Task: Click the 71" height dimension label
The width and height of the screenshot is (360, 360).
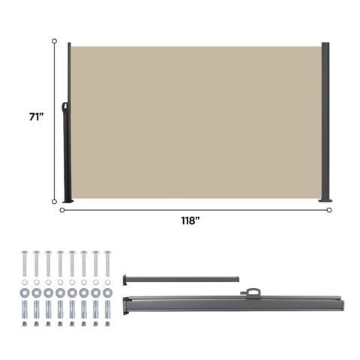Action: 36,117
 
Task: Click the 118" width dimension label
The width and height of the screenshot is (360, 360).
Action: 190,220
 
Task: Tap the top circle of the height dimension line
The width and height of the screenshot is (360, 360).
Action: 54,41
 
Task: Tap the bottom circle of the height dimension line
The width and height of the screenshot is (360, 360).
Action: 54,202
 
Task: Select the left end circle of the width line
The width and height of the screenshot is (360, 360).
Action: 62,210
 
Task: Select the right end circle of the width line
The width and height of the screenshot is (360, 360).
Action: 329,210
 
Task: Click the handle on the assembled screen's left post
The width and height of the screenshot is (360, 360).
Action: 65,107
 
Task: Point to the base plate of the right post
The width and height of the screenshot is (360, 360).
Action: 325,200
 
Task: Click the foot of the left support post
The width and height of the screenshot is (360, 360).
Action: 68,201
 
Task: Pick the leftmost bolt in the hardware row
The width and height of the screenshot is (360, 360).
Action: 25,264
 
